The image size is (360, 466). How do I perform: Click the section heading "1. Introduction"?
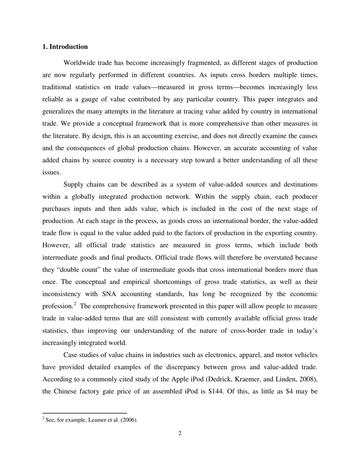tap(65, 47)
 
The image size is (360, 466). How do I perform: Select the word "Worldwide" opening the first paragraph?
tap(78, 63)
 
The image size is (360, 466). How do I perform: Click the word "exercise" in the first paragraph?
tap(182, 136)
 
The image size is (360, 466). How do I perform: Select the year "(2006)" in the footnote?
tap(129, 420)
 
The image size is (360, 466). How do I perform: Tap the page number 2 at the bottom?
tap(180, 433)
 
